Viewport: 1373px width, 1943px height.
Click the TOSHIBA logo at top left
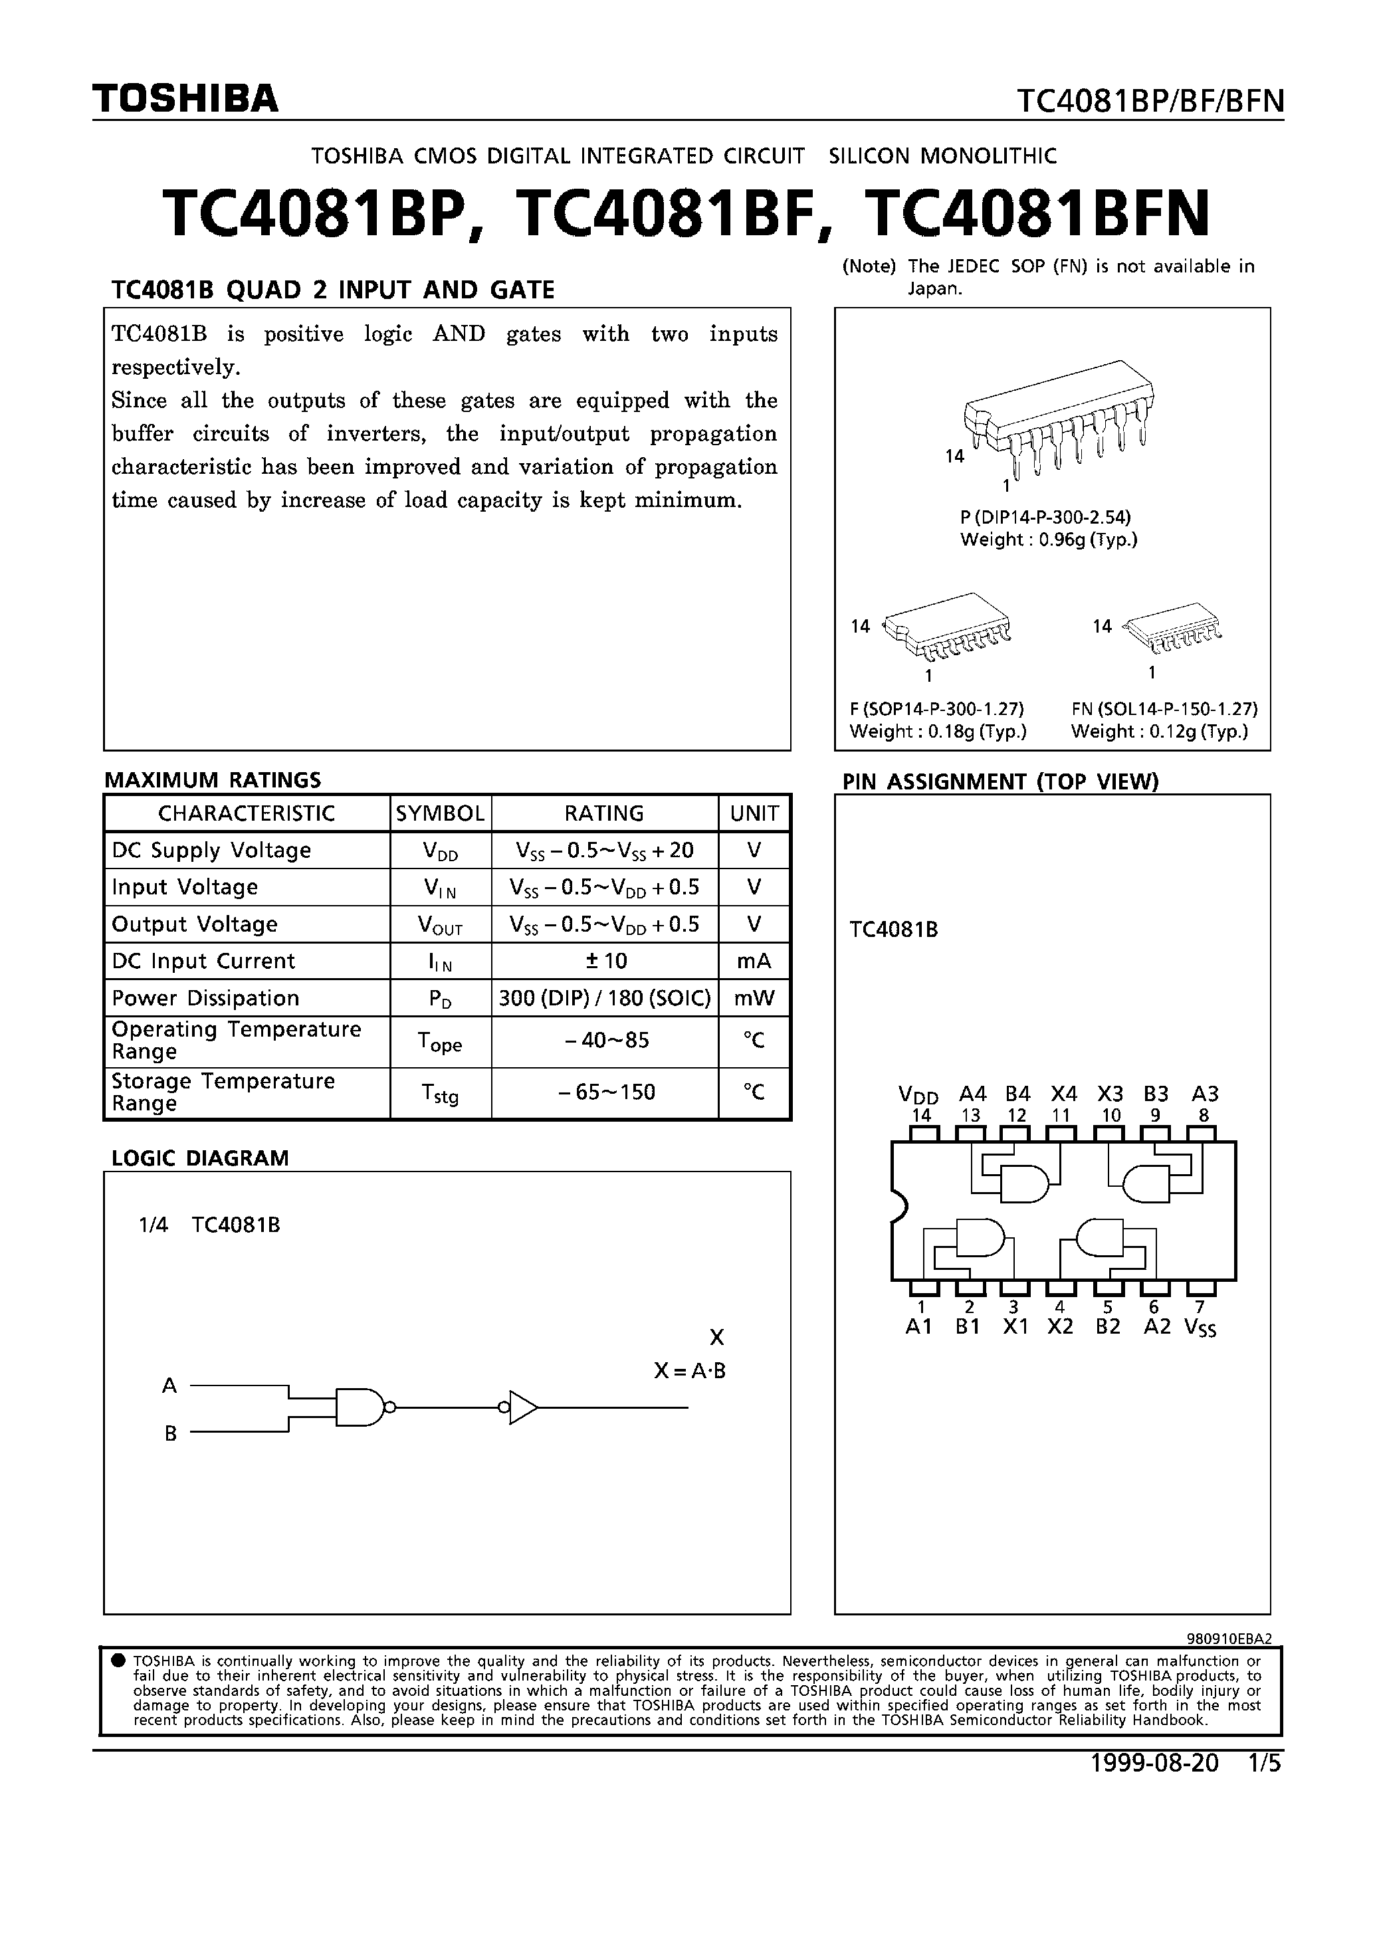click(x=185, y=99)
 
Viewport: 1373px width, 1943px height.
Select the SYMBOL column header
click(x=440, y=813)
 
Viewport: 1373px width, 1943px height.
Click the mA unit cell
click(x=754, y=960)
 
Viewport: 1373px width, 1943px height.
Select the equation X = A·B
click(x=690, y=1371)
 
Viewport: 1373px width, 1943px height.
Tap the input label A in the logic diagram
click(x=170, y=1386)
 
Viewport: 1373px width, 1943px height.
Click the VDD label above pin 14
click(x=918, y=1094)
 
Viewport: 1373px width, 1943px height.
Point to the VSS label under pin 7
click(x=1200, y=1328)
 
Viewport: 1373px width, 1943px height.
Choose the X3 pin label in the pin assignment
click(x=1110, y=1093)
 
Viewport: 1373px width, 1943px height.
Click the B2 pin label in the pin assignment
click(x=1108, y=1327)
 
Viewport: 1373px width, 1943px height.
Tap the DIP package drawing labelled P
click(x=1058, y=415)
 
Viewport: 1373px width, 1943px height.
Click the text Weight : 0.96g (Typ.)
click(x=1049, y=540)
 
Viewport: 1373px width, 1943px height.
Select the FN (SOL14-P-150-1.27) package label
click(x=1164, y=708)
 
